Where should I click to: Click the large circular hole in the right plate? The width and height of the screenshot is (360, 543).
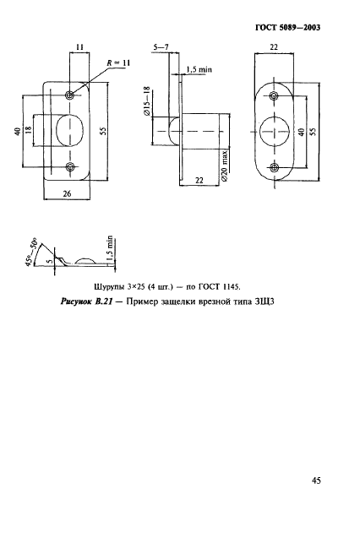(274, 133)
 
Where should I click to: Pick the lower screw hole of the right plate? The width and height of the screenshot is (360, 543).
(274, 167)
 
